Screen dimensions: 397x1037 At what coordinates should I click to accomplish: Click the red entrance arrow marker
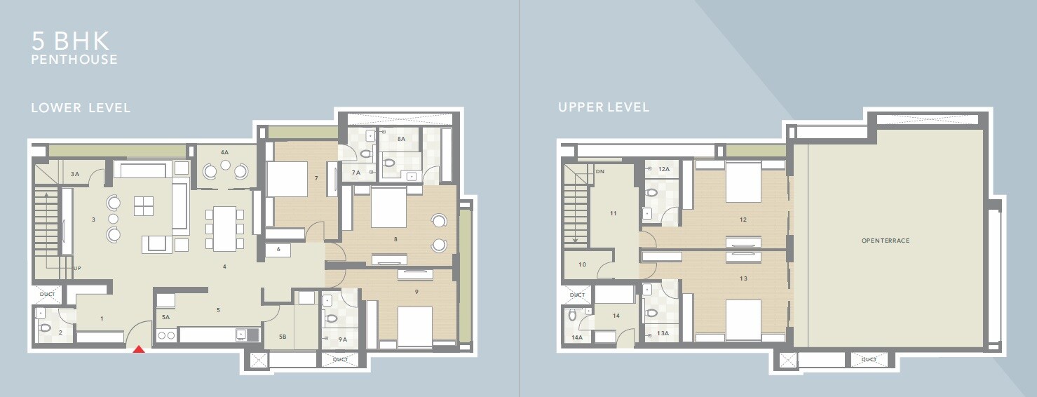[x=139, y=349]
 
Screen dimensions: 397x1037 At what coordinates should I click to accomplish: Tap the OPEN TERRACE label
[x=886, y=241]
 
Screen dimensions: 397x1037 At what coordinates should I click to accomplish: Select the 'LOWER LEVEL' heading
[x=81, y=108]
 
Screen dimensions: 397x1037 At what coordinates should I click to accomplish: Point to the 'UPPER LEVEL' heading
[x=604, y=107]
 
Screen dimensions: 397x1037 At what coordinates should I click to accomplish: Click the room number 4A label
[x=224, y=152]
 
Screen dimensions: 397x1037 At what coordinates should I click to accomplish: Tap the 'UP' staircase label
[x=77, y=268]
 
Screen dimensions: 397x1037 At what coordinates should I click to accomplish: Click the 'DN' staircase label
[x=599, y=171]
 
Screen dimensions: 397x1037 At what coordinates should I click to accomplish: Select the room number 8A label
[x=401, y=140]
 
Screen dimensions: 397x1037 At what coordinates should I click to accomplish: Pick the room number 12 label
[x=743, y=220]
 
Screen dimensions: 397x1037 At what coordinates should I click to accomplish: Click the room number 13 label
[x=743, y=278]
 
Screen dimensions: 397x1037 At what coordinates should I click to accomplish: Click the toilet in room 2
[x=46, y=328]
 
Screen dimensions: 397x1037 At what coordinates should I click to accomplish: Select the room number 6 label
[x=278, y=249]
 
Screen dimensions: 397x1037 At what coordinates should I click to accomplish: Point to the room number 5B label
[x=283, y=337]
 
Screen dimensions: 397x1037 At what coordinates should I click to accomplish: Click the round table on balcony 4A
[x=224, y=166]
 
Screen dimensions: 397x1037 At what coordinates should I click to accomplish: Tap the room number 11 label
[x=613, y=213]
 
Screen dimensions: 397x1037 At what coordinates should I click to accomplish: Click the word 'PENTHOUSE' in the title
[x=74, y=60]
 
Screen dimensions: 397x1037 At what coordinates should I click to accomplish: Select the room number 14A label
[x=576, y=338]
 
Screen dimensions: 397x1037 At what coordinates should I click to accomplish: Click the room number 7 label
[x=316, y=178]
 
